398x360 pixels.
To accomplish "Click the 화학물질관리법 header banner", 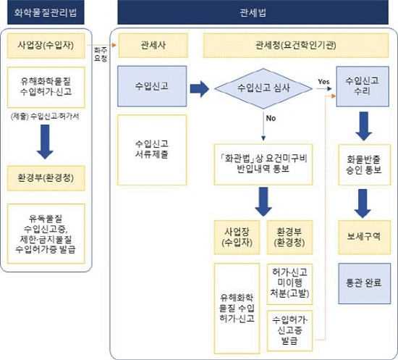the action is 46,12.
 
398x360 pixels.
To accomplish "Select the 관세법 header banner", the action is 253,12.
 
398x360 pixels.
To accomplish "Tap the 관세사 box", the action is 153,46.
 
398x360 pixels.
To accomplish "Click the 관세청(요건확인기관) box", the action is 296,46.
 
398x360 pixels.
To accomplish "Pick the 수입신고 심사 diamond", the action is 263,88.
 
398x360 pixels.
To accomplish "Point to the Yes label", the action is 323,82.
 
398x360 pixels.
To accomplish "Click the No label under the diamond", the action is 271,118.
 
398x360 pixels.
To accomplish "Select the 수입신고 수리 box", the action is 363,86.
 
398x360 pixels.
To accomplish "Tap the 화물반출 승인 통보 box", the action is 364,164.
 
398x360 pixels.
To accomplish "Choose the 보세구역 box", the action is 364,238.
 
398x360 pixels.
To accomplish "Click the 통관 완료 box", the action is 364,283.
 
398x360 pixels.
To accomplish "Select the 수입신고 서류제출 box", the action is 152,150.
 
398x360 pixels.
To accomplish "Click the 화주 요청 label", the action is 101,54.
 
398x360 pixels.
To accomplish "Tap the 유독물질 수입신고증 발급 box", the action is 46,233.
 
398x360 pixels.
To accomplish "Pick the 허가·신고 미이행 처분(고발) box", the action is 289,284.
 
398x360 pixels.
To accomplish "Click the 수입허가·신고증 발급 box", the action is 289,330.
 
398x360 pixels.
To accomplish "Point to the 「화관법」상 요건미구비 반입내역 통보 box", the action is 263,164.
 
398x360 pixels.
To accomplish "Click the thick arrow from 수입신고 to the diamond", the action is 200,89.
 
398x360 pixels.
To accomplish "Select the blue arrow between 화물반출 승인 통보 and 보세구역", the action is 363,204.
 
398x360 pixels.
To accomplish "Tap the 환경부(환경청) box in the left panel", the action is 46,178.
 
